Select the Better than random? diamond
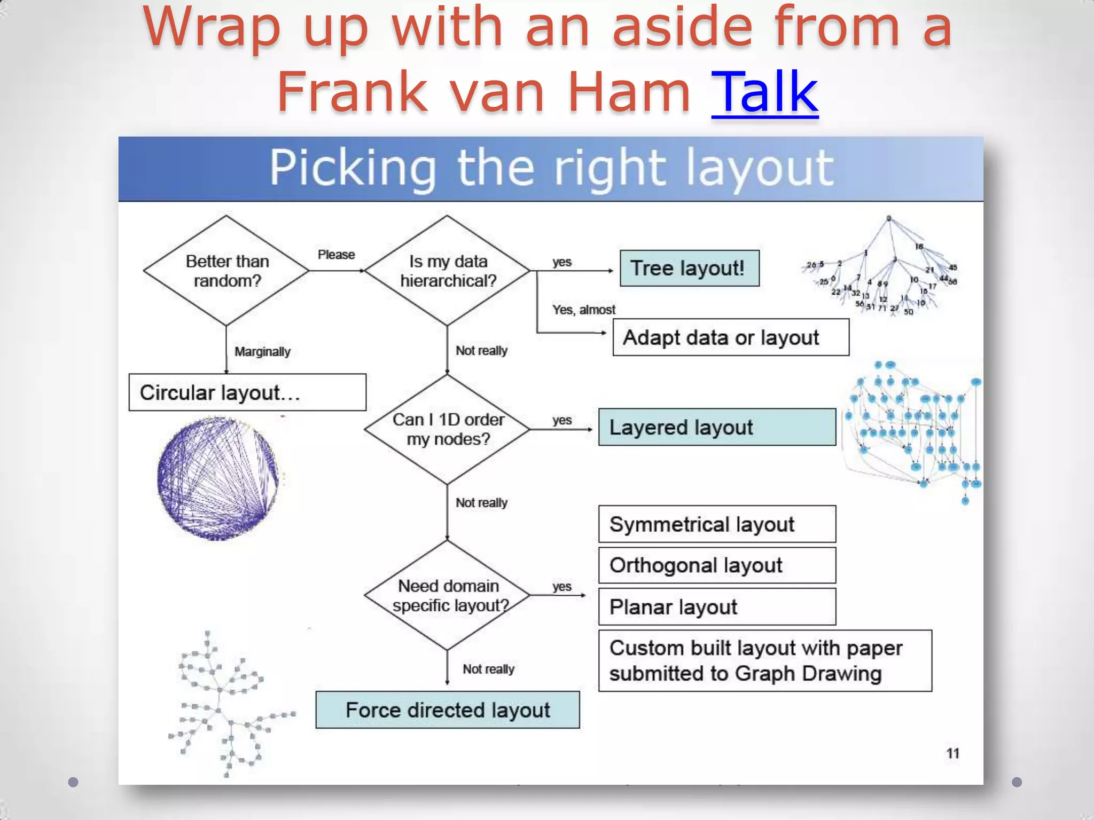(226, 271)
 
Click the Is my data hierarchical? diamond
(448, 271)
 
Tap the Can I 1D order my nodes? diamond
(448, 429)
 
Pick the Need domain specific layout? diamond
(448, 595)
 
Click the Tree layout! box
(689, 268)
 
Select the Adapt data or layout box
(730, 337)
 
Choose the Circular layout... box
(247, 392)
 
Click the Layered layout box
(717, 427)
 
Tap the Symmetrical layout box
(717, 524)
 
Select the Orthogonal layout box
(717, 565)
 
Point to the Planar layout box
(717, 607)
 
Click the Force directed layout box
(448, 710)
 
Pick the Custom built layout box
(765, 661)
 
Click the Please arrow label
(336, 255)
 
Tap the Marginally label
(262, 352)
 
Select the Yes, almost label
(583, 310)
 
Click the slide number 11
(952, 753)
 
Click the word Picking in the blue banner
(353, 168)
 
